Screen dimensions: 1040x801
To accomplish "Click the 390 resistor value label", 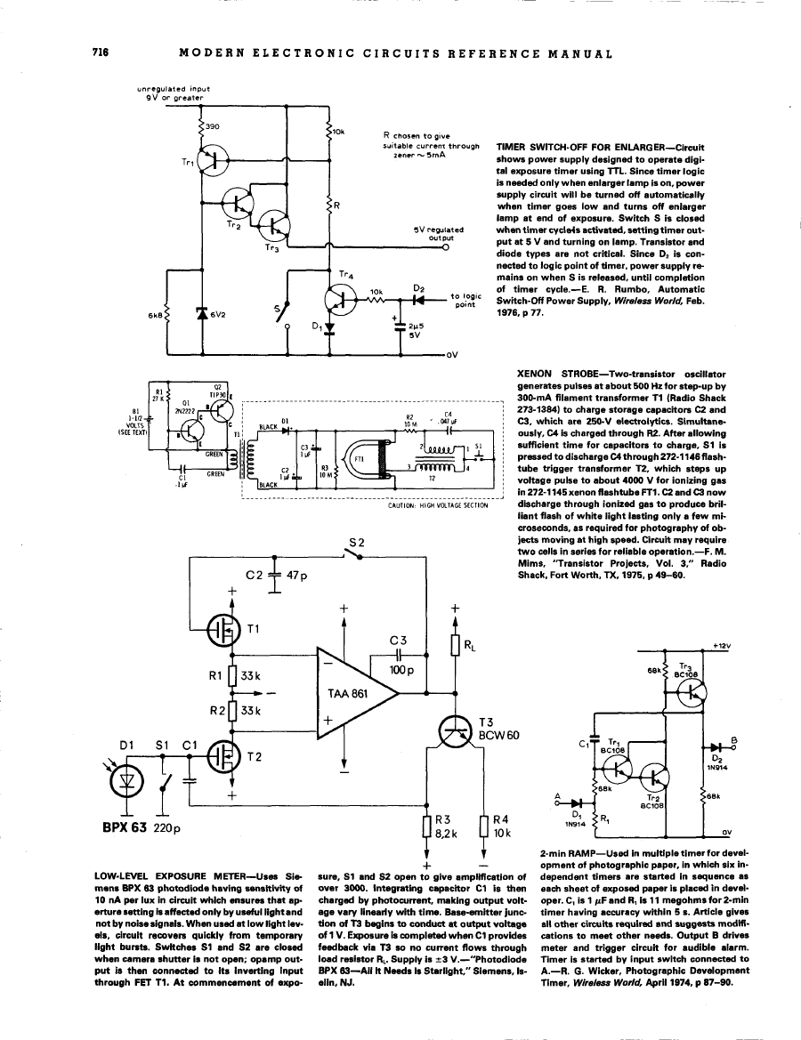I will pyautogui.click(x=213, y=127).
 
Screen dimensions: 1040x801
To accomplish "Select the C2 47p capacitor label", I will pyautogui.click(x=276, y=576).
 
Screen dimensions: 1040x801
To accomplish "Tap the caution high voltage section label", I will pyautogui.click(x=439, y=505).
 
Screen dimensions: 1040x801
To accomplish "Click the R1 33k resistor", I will pyautogui.click(x=232, y=675).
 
